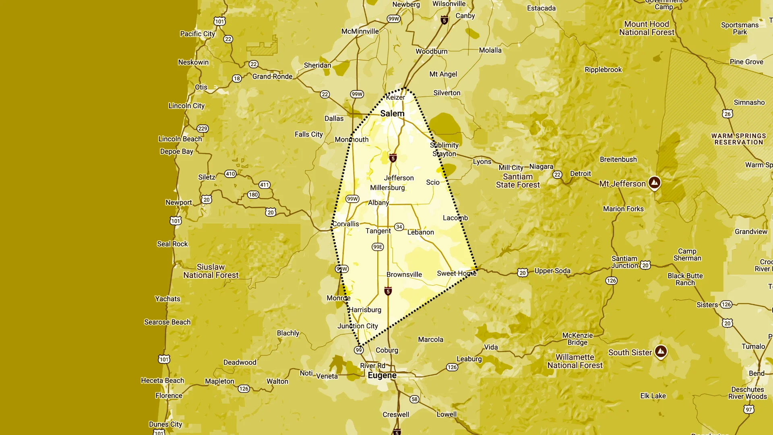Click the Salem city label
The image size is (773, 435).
[x=392, y=114]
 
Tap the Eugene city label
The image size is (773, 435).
[x=382, y=375]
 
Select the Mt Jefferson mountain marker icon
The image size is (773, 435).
[x=655, y=182]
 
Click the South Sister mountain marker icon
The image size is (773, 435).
[x=661, y=351]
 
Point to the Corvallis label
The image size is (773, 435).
[x=345, y=224]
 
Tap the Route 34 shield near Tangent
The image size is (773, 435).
[x=399, y=227]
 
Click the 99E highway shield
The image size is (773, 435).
[x=378, y=247]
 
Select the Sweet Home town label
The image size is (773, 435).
[x=457, y=273]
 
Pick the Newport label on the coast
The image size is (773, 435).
[x=178, y=203]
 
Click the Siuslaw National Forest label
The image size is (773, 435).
[x=211, y=271]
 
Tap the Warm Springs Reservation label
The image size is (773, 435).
[x=738, y=139]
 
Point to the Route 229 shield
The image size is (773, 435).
[x=203, y=128]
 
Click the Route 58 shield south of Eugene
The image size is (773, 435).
[x=414, y=399]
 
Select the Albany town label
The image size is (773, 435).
[x=378, y=203]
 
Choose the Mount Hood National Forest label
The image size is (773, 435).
[x=647, y=28]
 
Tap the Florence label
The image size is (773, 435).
[x=169, y=396]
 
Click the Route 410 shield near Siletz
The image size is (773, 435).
[x=230, y=174]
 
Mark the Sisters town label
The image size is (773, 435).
[x=707, y=305]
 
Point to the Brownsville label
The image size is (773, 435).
[x=404, y=275]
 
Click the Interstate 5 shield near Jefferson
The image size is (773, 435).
[x=393, y=158]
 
